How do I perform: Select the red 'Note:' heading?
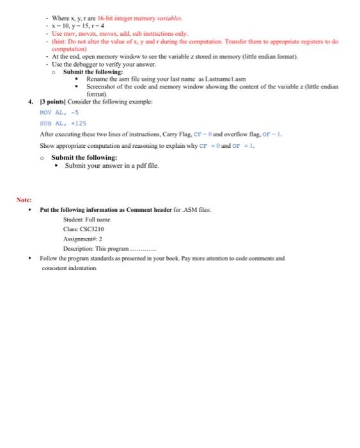tap(24, 200)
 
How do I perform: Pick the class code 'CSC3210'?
tap(91, 228)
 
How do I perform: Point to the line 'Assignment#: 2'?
tap(82, 238)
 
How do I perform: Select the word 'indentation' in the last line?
tap(81, 268)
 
